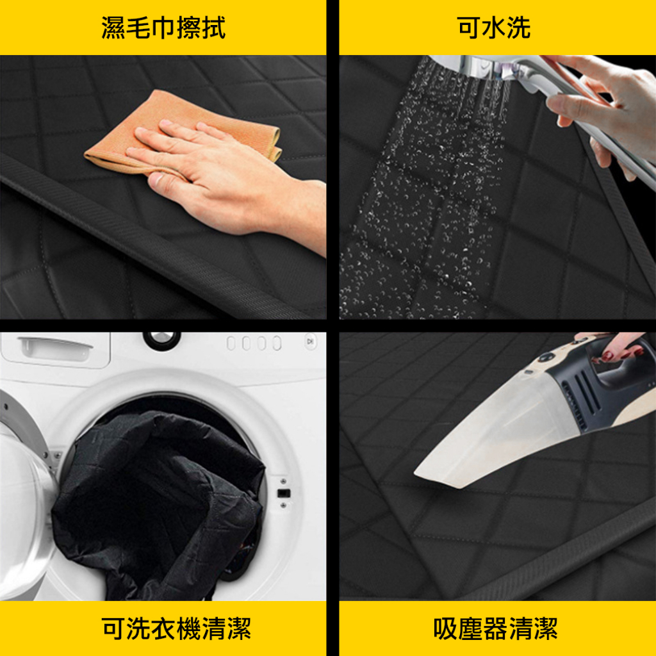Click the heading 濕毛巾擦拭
pos(163,28)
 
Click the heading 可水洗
pos(494,28)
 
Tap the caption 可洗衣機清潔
pos(176,628)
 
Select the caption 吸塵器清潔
pos(495,628)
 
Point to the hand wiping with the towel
pos(226,176)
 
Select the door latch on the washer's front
pos(284,493)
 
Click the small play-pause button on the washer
pos(311,342)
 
